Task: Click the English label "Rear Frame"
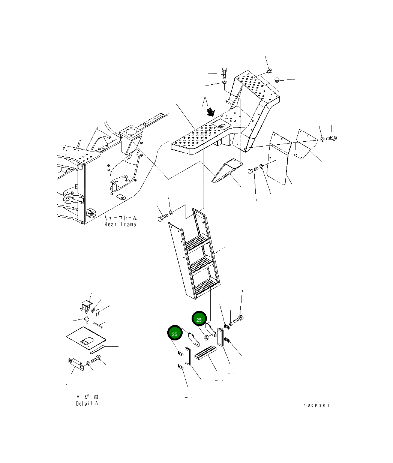click(x=120, y=224)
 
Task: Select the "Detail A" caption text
click(x=87, y=403)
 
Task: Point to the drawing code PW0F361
click(x=316, y=405)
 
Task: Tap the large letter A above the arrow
click(x=205, y=101)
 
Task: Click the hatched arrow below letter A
click(x=211, y=111)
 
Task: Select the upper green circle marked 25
click(x=199, y=319)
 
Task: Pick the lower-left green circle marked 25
click(x=174, y=333)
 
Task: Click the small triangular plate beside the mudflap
click(x=303, y=144)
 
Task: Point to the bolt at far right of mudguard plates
click(x=332, y=138)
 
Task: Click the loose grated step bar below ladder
click(x=206, y=353)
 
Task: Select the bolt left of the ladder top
click(x=162, y=217)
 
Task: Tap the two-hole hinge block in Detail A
click(x=75, y=363)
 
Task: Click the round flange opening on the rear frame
click(x=130, y=133)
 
